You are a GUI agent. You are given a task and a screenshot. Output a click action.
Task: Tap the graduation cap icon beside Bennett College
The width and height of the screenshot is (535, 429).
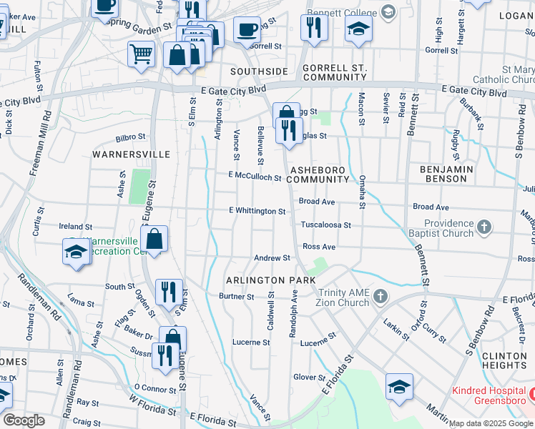tap(359, 29)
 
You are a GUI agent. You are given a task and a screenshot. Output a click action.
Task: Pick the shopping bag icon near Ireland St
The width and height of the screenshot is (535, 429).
tap(154, 239)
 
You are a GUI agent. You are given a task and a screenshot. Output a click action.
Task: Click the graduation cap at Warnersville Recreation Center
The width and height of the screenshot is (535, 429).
tap(77, 252)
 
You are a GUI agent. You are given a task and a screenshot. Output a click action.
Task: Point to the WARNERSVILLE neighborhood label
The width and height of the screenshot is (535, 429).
tap(131, 154)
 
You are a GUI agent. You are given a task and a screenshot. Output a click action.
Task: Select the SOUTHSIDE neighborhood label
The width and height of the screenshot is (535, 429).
tap(259, 71)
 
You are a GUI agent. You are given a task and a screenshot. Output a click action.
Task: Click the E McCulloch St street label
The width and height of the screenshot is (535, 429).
tap(255, 176)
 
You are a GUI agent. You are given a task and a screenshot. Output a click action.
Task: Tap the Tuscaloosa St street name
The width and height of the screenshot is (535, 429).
tap(325, 225)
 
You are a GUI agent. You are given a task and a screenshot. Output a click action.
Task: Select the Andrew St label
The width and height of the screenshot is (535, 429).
tap(272, 257)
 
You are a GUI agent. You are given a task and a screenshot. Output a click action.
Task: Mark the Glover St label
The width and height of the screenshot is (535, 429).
tap(308, 377)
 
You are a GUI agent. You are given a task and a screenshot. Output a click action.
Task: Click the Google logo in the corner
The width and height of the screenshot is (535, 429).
tap(24, 420)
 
